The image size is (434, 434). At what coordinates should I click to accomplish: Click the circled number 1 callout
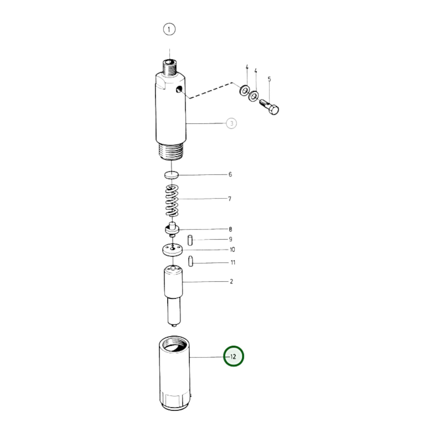[x=169, y=29]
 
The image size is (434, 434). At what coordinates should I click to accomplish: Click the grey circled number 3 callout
[x=231, y=123]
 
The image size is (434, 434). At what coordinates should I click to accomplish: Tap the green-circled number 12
[x=234, y=356]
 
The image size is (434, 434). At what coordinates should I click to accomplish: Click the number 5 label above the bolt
[x=269, y=79]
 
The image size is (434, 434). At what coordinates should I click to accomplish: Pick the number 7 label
[x=230, y=199]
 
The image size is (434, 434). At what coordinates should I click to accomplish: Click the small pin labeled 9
[x=190, y=240]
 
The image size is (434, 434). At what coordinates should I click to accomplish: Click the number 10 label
[x=232, y=250]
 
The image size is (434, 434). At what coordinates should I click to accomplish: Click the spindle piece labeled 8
[x=172, y=230]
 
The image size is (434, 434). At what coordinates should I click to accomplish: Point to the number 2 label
[x=231, y=281]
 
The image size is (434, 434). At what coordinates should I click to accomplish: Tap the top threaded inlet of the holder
[x=169, y=67]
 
